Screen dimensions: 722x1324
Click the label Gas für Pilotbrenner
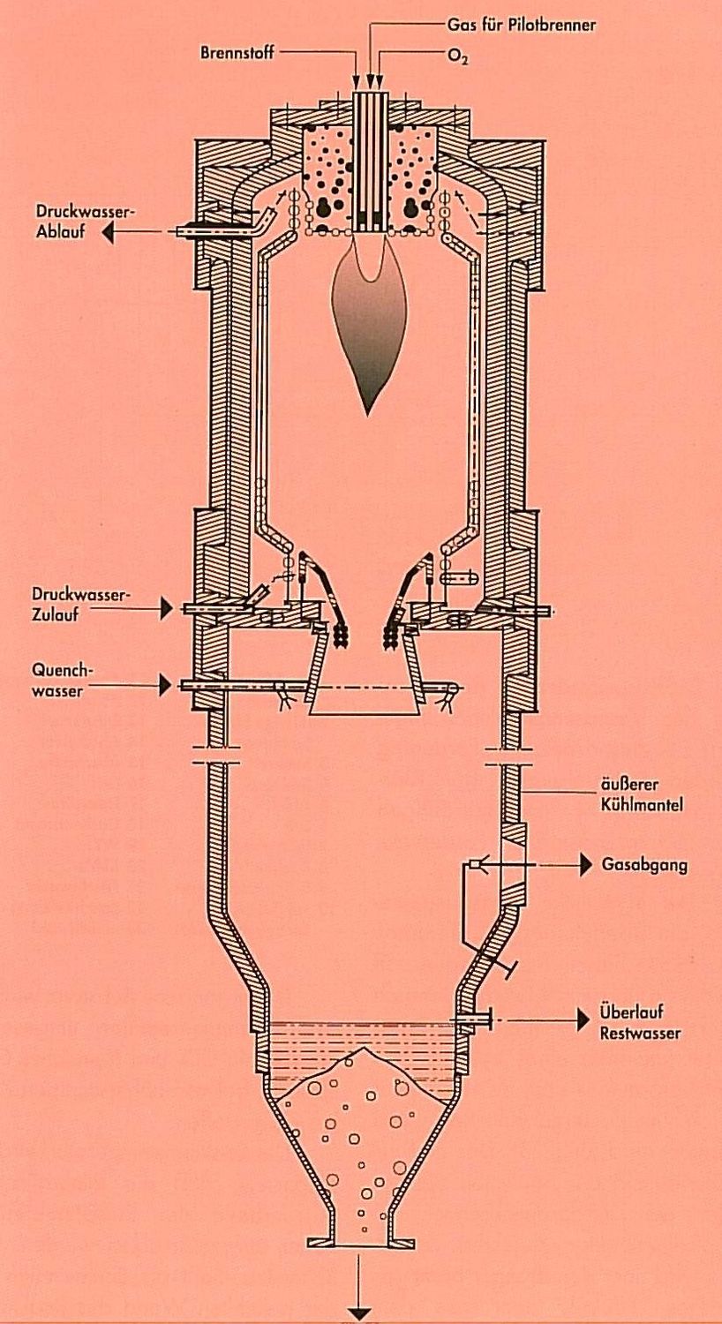(x=522, y=26)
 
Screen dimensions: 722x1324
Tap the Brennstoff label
(x=237, y=53)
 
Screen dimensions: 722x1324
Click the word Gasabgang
(x=644, y=865)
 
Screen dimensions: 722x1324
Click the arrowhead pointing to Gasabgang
(x=585, y=865)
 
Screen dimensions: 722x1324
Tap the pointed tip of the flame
(x=367, y=414)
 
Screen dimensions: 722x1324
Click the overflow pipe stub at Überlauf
(x=472, y=1019)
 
